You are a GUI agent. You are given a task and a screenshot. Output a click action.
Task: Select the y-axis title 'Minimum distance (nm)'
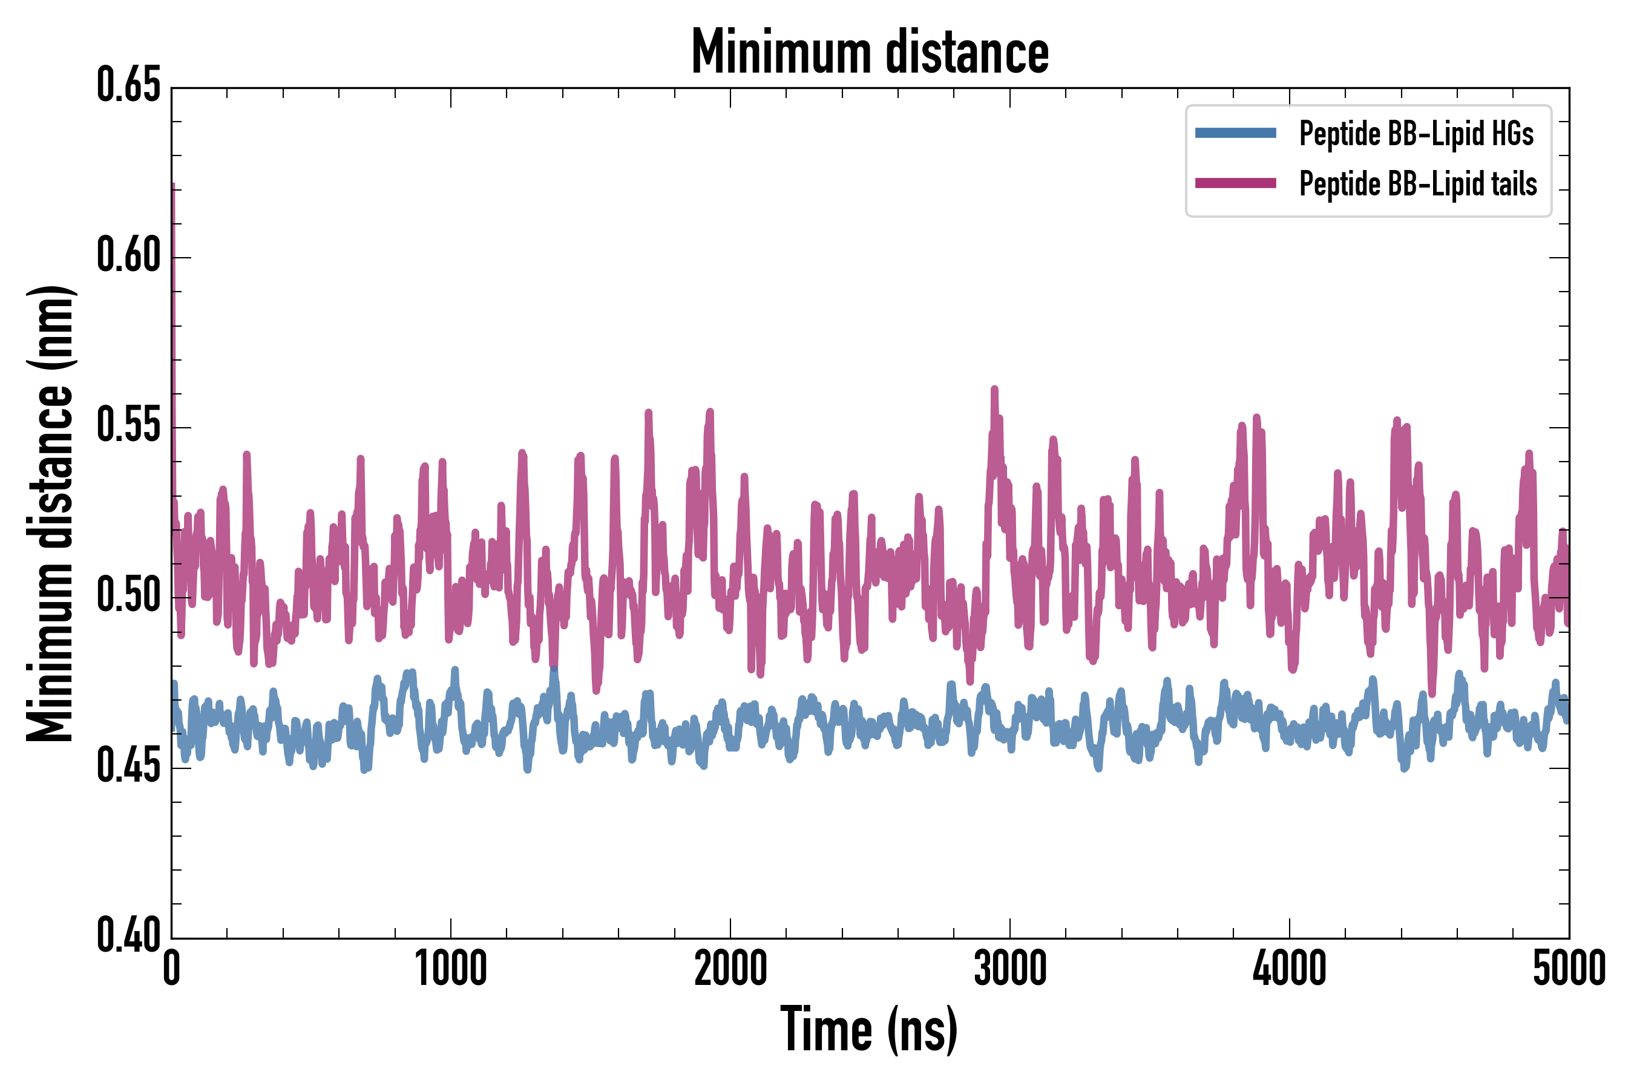(x=50, y=513)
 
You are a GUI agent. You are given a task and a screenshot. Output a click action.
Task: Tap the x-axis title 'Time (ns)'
(x=870, y=1030)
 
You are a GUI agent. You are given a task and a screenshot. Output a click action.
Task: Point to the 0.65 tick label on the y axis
(x=128, y=85)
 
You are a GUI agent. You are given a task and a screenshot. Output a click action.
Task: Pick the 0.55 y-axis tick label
(x=128, y=426)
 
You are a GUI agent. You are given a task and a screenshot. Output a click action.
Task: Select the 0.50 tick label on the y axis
(x=128, y=596)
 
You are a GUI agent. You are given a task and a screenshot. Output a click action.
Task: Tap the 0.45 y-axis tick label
(x=128, y=766)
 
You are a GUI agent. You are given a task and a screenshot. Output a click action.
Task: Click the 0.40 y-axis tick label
(x=128, y=936)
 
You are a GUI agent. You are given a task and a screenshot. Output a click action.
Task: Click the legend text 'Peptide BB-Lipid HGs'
(x=1416, y=133)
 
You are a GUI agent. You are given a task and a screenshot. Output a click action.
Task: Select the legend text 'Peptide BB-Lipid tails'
(x=1418, y=184)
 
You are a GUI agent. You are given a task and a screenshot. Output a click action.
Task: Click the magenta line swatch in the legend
(x=1235, y=183)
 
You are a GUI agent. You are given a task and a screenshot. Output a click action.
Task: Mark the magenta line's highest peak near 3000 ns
(x=994, y=389)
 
